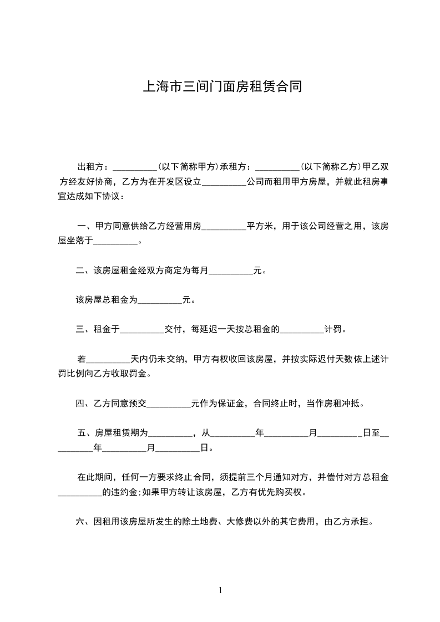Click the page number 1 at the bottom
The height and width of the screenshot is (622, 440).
220,590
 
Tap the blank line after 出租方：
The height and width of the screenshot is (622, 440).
135,167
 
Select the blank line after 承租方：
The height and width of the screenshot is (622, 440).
276,167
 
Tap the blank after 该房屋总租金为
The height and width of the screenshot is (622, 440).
159,301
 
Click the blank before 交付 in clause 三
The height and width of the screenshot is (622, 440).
142,331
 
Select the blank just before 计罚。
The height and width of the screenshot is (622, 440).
301,331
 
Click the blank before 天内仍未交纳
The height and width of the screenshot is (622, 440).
107,360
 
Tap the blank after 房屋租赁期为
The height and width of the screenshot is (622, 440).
169,434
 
